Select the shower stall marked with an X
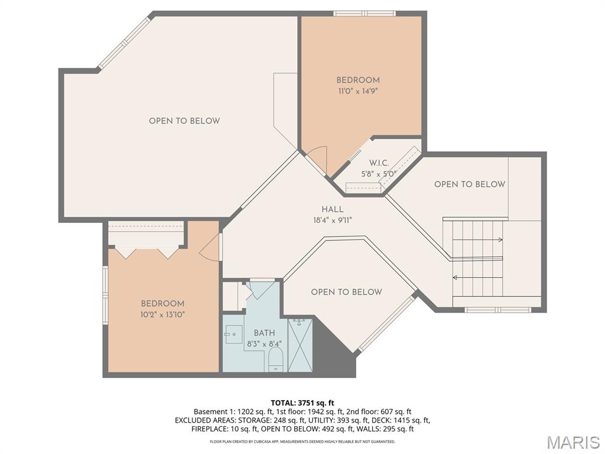pyautogui.click(x=300, y=345)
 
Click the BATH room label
pyautogui.click(x=264, y=333)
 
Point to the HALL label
pyautogui.click(x=333, y=209)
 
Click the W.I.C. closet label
pyautogui.click(x=379, y=163)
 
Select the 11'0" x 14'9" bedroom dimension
pyautogui.click(x=358, y=91)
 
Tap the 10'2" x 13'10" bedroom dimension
pyautogui.click(x=162, y=314)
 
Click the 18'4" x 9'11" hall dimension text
pyautogui.click(x=333, y=220)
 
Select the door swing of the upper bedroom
pyautogui.click(x=317, y=158)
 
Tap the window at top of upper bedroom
pyautogui.click(x=364, y=13)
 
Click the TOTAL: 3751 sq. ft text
pyautogui.click(x=302, y=403)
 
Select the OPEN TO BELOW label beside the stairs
pyautogui.click(x=470, y=184)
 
